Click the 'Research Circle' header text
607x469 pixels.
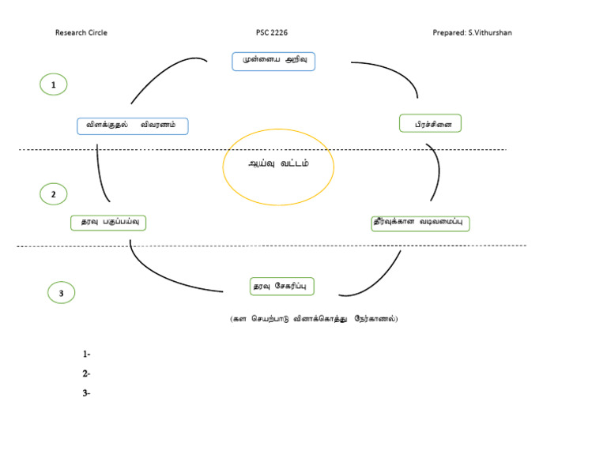click(x=81, y=32)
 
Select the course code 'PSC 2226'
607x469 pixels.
click(x=272, y=32)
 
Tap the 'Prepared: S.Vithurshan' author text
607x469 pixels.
click(x=477, y=32)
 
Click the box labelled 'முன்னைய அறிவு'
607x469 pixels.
click(x=273, y=61)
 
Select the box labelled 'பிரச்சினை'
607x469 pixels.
click(x=431, y=124)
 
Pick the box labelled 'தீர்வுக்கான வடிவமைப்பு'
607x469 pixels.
click(x=420, y=223)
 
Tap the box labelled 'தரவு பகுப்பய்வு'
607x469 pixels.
click(x=108, y=222)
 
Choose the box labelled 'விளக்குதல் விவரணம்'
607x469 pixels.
click(x=132, y=125)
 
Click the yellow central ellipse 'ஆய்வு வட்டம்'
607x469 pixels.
click(x=278, y=167)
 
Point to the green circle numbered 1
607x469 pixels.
click(x=53, y=84)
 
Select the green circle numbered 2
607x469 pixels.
click(x=53, y=194)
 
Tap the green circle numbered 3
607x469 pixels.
click(x=61, y=294)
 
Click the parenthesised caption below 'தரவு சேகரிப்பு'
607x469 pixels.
click(x=314, y=319)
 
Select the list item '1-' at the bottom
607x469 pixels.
click(x=86, y=355)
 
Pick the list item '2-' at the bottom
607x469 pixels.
click(x=86, y=373)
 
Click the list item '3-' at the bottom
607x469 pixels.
click(x=86, y=392)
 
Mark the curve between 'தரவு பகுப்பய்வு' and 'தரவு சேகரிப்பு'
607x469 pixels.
click(x=162, y=276)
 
